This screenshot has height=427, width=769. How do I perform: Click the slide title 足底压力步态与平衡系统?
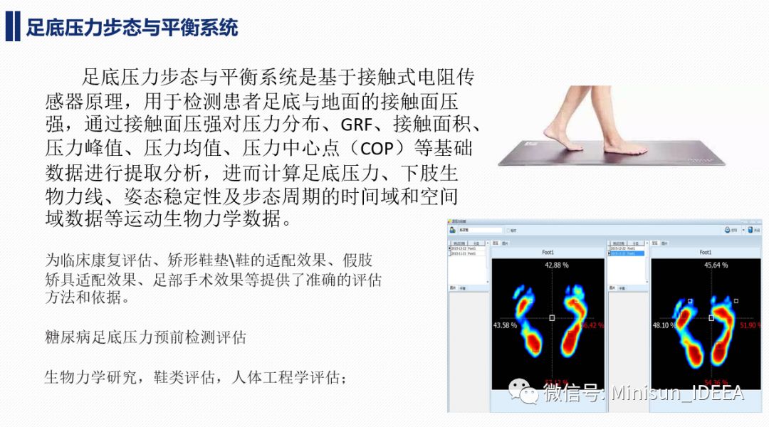tap(132, 28)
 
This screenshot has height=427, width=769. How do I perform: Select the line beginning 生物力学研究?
tap(195, 376)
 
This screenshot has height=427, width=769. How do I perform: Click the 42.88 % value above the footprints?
tap(558, 265)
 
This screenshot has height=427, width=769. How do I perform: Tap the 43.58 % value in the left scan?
tap(505, 325)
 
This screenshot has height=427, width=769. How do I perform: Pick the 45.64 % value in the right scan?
tap(716, 265)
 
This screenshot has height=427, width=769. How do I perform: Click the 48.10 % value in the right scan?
tap(664, 325)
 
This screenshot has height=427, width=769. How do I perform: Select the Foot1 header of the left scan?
tap(547, 253)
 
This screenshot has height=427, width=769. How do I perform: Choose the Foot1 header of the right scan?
tap(706, 253)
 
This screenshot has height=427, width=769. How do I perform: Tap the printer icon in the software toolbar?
tap(728, 230)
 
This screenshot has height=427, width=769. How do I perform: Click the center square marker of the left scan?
tap(552, 318)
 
